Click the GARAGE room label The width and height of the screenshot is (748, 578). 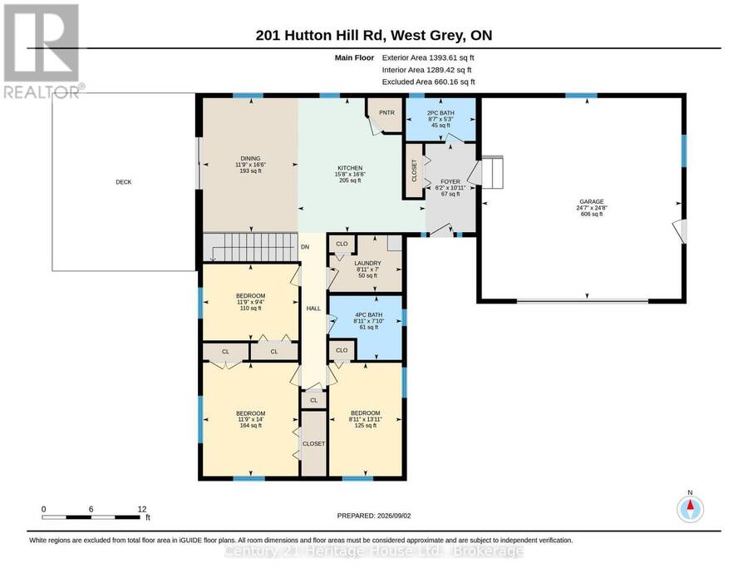click(x=592, y=201)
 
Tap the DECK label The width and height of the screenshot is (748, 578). click(x=124, y=182)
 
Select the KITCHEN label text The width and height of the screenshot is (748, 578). click(x=350, y=168)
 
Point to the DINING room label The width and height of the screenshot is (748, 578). click(x=250, y=159)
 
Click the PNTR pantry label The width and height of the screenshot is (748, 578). click(x=386, y=112)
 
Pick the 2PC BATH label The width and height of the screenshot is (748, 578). click(x=440, y=113)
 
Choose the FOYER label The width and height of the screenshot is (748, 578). click(x=450, y=182)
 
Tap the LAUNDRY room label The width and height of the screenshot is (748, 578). click(x=368, y=263)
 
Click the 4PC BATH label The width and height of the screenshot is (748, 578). click(x=369, y=315)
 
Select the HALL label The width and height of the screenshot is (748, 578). click(x=313, y=309)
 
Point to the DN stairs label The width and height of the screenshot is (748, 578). click(x=305, y=247)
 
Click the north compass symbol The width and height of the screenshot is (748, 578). click(x=690, y=509)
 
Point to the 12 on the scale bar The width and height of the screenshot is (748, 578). click(x=141, y=509)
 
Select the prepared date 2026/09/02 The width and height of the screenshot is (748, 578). click(x=394, y=516)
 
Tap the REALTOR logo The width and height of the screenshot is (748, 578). click(x=42, y=51)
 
